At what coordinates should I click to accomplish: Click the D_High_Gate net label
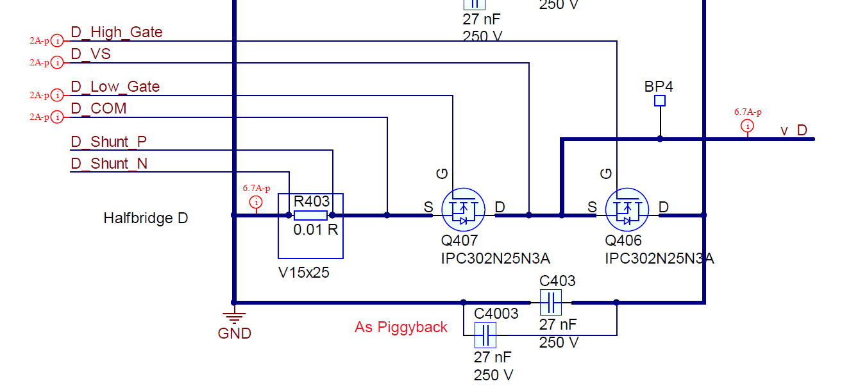116,32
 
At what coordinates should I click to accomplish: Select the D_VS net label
90,54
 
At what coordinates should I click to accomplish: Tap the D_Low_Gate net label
115,87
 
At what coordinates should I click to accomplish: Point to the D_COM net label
98,108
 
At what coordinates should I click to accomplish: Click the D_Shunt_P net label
109,142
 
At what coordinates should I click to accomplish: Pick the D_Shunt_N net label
109,164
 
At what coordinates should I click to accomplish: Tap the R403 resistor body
310,215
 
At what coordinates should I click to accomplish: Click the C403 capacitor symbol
550,302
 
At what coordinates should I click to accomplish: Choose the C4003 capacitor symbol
485,335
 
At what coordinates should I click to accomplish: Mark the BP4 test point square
660,101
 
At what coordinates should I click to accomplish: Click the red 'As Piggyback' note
401,327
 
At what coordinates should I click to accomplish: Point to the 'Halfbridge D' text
146,219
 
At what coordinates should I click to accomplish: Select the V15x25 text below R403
303,272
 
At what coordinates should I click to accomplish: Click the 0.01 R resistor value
316,230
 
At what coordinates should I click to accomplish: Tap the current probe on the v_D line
747,126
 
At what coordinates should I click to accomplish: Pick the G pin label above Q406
606,173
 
